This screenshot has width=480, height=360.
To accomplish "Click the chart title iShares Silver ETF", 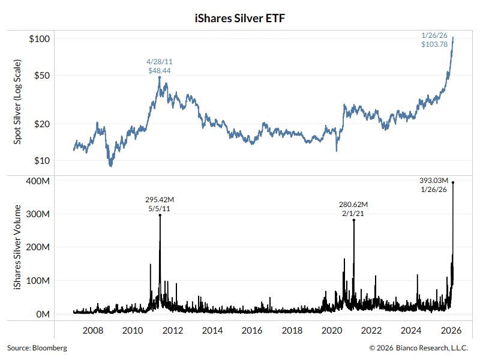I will point(239,19).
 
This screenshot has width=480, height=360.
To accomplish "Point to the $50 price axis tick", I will point(41,76).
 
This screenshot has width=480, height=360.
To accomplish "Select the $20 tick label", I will point(41,124).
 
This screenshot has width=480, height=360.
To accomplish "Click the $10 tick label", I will point(41,161).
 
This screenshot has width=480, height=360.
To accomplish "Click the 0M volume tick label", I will point(40,314).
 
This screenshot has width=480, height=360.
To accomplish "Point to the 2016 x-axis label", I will point(252,331).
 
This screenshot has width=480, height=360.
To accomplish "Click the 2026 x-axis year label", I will point(451,331).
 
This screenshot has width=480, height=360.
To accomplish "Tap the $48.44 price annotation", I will point(160,71).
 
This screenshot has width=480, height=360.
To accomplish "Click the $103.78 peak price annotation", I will point(435,44).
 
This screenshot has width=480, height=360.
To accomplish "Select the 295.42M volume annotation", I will point(160,199).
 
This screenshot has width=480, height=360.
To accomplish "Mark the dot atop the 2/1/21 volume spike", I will point(354,220).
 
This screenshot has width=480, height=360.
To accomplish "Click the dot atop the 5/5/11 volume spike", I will point(160,215).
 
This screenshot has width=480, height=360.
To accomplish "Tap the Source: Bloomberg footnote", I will point(37,348).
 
